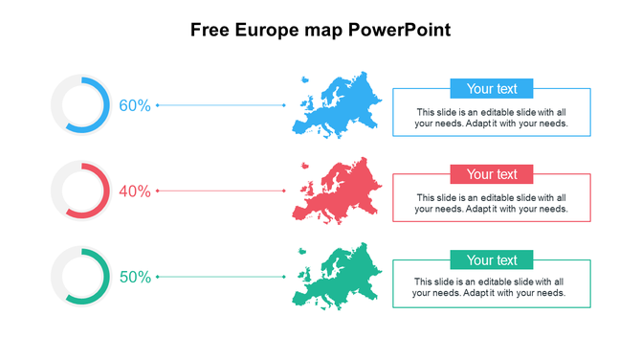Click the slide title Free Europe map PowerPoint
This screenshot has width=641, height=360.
point(320,30)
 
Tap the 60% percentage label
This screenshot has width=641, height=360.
point(135,105)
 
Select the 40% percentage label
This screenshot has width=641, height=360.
point(135,191)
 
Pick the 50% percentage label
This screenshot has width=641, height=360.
point(135,278)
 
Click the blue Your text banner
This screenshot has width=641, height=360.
point(492,89)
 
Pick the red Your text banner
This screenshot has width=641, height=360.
point(492,174)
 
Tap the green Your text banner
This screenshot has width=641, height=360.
point(492,260)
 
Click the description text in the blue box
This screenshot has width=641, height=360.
point(492,118)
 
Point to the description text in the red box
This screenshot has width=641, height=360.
point(492,203)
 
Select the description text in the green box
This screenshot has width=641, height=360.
point(492,287)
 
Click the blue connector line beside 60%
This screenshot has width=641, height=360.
point(221,105)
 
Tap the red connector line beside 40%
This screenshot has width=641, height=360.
point(221,191)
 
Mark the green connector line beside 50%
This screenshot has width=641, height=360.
point(221,278)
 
